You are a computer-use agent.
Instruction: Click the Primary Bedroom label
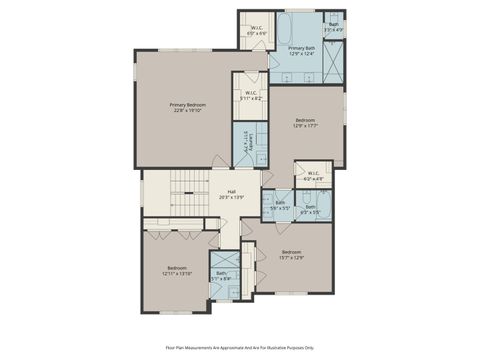coord(187,105)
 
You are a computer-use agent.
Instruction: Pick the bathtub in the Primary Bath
coord(296,25)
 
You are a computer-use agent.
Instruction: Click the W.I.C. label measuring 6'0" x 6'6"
coord(256,28)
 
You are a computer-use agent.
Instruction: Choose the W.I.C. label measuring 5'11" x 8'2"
coord(251,94)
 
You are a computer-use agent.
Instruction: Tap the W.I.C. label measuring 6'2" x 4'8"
coord(313,174)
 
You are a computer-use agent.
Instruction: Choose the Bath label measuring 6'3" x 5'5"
coord(311,207)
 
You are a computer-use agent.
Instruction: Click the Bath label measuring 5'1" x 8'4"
coord(222,274)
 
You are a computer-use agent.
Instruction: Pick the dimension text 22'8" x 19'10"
coord(187,110)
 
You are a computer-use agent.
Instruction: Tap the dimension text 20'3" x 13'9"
coord(231,197)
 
